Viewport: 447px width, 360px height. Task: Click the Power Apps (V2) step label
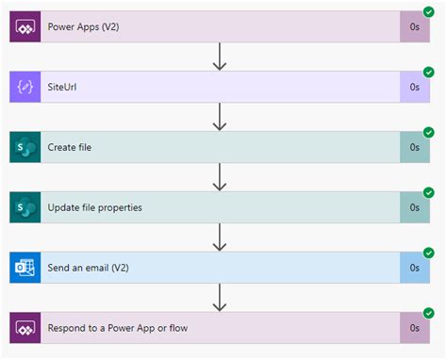(x=83, y=27)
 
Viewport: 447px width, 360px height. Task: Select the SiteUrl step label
(x=64, y=87)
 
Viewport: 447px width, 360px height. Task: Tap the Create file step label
(x=70, y=147)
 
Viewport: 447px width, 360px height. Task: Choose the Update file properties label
(x=94, y=207)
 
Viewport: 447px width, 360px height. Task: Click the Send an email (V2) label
(x=87, y=268)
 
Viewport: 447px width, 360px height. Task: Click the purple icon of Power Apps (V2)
(x=25, y=27)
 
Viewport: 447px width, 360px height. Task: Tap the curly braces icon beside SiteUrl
(x=25, y=87)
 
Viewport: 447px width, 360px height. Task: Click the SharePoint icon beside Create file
(x=25, y=147)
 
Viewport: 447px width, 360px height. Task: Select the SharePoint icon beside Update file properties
(x=25, y=207)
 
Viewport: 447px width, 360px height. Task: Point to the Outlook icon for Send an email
(x=25, y=268)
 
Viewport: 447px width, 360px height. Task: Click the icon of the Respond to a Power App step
(x=25, y=327)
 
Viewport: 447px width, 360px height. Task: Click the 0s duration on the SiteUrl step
(x=415, y=87)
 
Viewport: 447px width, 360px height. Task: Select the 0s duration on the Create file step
(x=415, y=147)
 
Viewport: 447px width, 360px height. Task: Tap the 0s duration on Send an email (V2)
(x=415, y=268)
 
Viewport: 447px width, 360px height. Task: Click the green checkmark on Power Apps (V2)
(x=430, y=12)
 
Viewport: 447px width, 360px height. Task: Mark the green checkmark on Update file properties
(x=430, y=192)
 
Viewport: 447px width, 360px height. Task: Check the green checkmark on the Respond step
(x=430, y=312)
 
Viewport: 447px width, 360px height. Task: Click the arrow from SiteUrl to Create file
(x=220, y=117)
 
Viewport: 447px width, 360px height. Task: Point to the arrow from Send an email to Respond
(x=220, y=297)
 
